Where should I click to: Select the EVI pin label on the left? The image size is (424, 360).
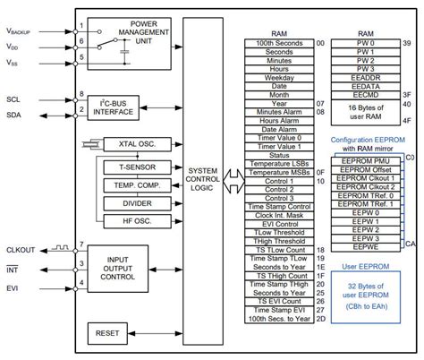coord(13,288)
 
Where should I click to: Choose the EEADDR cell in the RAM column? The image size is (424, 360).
coord(363,77)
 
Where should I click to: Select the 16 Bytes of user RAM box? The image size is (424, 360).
coord(363,112)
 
